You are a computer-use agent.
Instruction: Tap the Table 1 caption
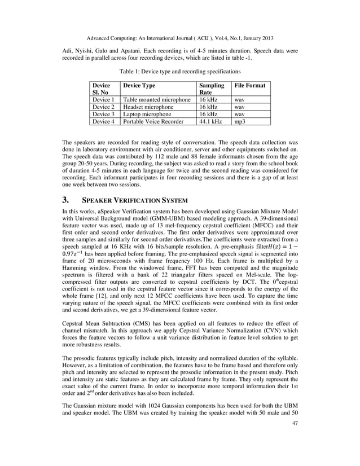[179, 72]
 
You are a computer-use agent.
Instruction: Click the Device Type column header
[139, 85]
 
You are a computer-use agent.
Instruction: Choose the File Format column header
[250, 85]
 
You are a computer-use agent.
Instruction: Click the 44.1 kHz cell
[210, 121]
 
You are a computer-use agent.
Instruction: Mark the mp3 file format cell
[240, 121]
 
